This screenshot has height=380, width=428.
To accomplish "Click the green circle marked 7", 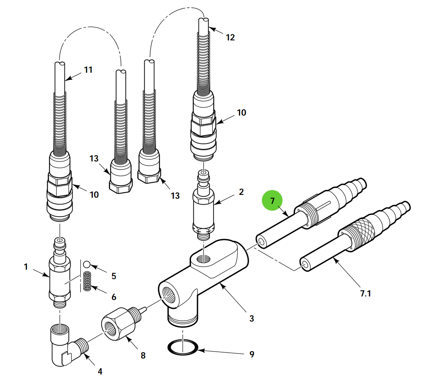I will [272, 201].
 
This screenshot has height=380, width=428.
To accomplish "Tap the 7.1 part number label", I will [365, 293].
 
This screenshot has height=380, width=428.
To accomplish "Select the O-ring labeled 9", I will [183, 348].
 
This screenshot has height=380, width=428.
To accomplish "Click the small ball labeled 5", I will [87, 264].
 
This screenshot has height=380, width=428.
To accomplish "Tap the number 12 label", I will [230, 37].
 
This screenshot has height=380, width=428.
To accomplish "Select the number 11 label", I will [88, 70].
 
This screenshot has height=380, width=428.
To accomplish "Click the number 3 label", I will [251, 318].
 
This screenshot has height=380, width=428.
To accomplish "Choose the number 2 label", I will [241, 192].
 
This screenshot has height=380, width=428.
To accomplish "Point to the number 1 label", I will [26, 267].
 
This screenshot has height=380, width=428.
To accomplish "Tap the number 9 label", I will [252, 354].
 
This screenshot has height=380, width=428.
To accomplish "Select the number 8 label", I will [143, 355].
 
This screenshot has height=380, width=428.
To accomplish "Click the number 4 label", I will [100, 371].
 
